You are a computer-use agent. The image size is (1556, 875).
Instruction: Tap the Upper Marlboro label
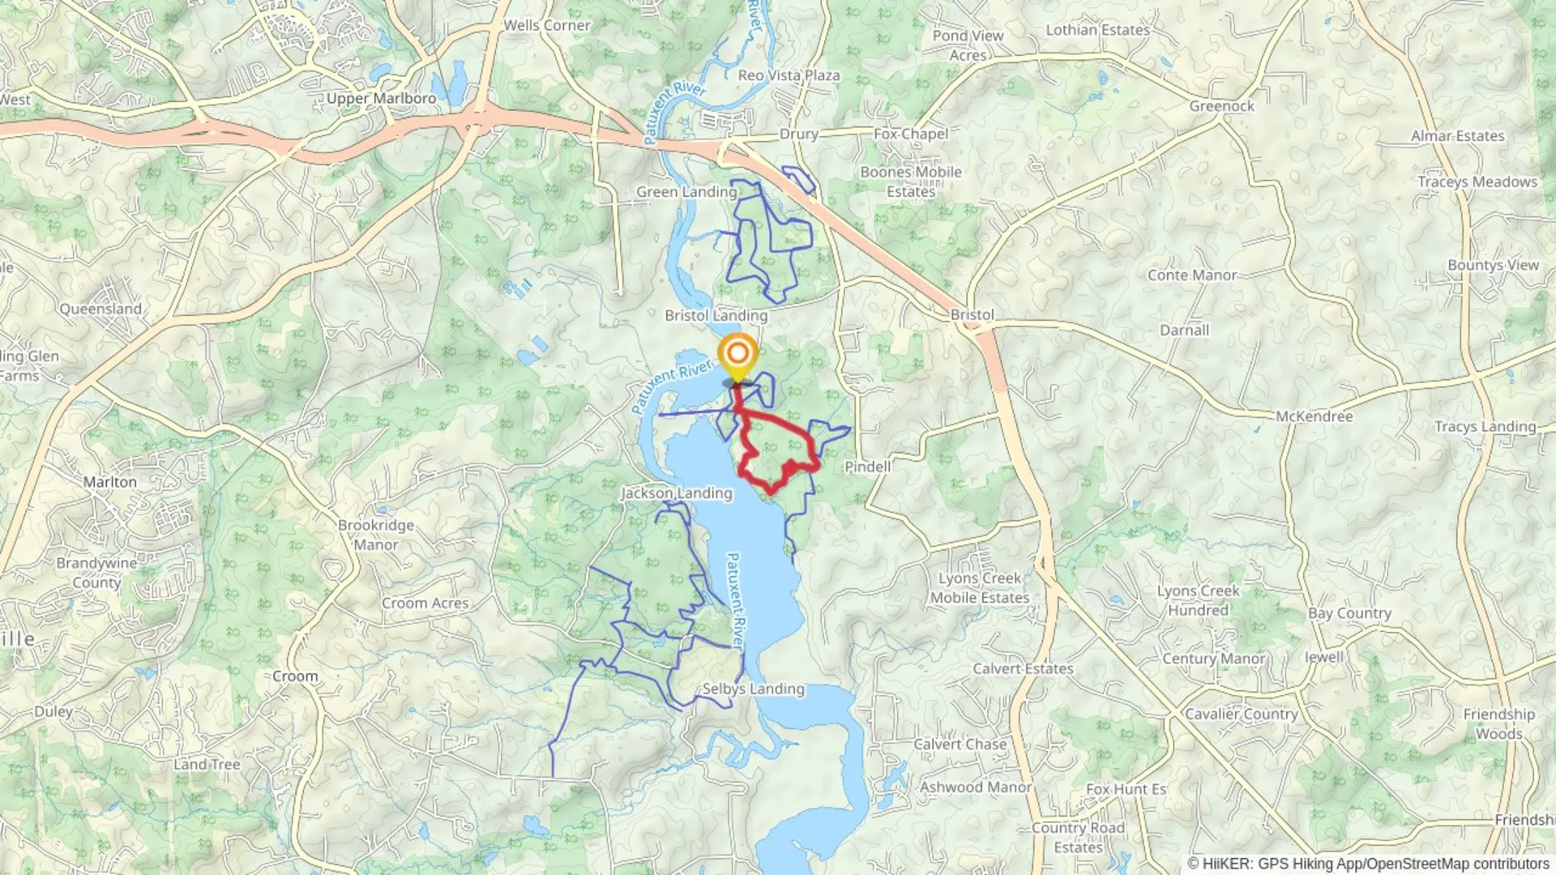point(381,98)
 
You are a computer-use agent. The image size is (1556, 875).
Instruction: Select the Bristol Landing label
point(716,315)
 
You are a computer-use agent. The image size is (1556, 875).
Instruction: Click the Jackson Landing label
point(676,493)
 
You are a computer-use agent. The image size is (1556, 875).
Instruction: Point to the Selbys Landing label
point(753,689)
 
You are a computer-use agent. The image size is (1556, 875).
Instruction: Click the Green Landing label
point(686,192)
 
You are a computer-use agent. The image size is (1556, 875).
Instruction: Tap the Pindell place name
point(867,467)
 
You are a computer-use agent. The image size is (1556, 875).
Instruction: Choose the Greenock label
point(1221,106)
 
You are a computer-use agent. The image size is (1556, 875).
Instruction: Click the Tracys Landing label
point(1485,427)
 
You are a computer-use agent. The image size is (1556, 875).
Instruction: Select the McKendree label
point(1314,416)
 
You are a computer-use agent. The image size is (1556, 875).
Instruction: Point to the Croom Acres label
point(425,604)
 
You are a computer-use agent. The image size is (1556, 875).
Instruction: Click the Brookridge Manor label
point(376,535)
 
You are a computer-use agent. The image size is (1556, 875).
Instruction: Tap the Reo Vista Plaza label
point(789,75)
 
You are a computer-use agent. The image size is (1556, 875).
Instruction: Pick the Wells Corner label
point(547,25)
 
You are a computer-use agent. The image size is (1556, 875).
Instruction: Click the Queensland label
point(100,309)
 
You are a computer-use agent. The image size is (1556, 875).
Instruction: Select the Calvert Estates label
point(1023,669)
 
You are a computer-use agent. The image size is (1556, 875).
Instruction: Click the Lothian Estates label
point(1097,30)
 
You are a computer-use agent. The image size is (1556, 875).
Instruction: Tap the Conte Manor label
point(1191,275)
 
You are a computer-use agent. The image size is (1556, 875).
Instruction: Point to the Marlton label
point(110,482)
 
